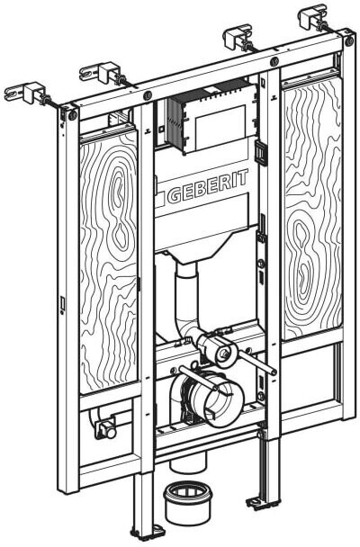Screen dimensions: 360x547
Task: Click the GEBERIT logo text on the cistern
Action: [208, 186]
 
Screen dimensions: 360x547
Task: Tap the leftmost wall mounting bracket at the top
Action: [27, 94]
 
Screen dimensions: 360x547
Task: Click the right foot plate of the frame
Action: [262, 501]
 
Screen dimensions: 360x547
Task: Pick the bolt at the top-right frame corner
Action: [349, 41]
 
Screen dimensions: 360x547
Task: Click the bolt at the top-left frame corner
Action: [73, 115]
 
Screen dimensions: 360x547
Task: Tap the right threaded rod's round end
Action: [273, 372]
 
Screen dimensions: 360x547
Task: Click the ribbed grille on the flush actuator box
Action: [175, 123]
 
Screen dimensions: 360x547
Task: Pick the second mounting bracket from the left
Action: [103, 74]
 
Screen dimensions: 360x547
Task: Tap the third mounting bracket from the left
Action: [240, 40]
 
